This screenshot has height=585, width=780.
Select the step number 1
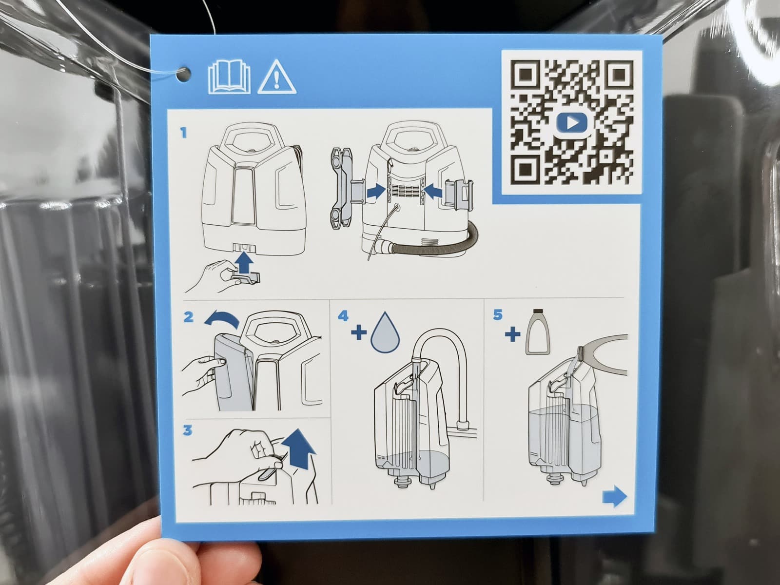click(183, 133)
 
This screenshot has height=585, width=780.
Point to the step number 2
click(189, 317)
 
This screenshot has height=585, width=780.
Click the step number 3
click(188, 430)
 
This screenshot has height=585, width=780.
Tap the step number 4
click(343, 316)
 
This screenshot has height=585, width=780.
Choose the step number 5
click(498, 315)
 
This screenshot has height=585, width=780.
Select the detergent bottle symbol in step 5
click(538, 331)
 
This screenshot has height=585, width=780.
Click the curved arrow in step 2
click(222, 318)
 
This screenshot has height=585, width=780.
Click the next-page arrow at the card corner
click(615, 496)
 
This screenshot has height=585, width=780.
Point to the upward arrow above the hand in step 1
click(245, 262)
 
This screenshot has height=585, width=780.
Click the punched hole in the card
click(184, 75)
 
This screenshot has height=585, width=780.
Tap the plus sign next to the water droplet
click(358, 333)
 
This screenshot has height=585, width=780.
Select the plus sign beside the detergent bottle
click(512, 334)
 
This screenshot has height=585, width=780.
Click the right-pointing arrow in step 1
click(376, 192)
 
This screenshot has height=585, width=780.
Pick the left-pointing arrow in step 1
click(433, 192)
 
